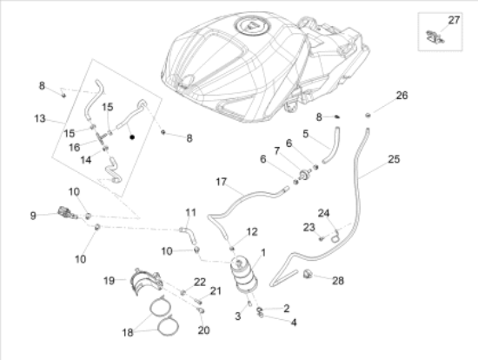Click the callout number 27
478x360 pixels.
coord(454,20)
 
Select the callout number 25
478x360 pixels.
coord(394,159)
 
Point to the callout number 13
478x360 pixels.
coord(40,118)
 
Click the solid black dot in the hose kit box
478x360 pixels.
coord(132,137)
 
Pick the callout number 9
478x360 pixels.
coord(33,216)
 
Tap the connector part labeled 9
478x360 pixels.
coord(66,212)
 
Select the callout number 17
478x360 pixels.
coord(221,182)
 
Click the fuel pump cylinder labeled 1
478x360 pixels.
coord(244,275)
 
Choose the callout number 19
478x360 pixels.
coord(109,281)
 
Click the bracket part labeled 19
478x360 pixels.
coord(146,281)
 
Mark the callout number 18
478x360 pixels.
coord(128,332)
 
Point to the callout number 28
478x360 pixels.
coord(338,281)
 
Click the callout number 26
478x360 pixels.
coord(402,96)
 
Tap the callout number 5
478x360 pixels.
coord(305,134)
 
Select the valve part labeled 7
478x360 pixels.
coord(304,175)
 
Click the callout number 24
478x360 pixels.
coord(324,213)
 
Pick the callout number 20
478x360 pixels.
coord(203,330)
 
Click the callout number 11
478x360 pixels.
coord(191,212)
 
